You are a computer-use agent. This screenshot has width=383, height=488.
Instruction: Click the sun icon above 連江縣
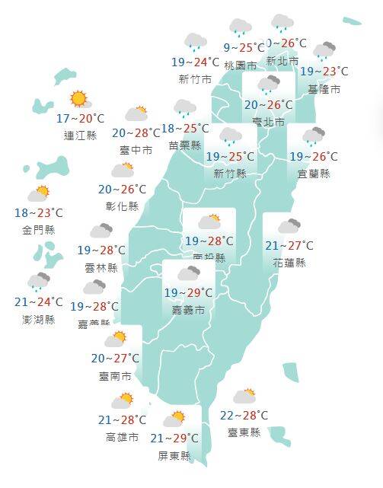(x=78, y=99)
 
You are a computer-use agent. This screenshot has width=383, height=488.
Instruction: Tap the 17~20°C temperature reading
(x=80, y=119)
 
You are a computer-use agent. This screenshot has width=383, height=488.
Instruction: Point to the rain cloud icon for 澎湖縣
(x=39, y=282)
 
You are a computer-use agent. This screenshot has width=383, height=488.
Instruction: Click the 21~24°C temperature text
(x=38, y=303)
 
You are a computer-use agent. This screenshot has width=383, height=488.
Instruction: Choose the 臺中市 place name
(x=136, y=150)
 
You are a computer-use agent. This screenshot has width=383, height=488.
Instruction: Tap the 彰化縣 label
(x=123, y=206)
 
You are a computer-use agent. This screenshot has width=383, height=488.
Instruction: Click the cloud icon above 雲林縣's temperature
(x=101, y=231)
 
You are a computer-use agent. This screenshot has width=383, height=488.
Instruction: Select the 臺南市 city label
(x=115, y=376)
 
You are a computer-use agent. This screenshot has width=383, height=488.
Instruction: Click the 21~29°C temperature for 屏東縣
(x=174, y=438)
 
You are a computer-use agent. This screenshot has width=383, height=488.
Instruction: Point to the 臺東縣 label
(x=244, y=432)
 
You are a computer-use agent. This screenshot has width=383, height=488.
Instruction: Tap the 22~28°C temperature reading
(x=244, y=415)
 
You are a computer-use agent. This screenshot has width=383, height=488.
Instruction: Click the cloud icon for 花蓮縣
(x=289, y=226)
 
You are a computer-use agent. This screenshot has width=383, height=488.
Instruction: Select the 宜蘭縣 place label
(x=314, y=174)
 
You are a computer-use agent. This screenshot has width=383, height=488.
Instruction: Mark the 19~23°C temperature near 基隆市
(x=324, y=72)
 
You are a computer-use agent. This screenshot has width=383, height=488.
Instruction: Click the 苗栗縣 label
(x=185, y=145)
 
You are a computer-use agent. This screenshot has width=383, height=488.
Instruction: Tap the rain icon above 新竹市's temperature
(x=195, y=43)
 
